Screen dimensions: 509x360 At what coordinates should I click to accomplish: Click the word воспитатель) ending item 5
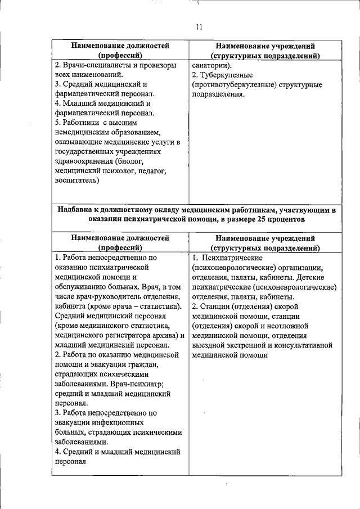tap(78, 181)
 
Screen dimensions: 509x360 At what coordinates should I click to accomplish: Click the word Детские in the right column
tap(318, 277)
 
